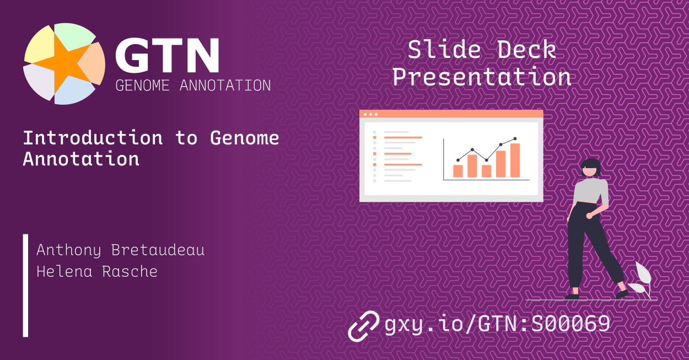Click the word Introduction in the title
point(93,138)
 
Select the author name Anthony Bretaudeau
point(120,250)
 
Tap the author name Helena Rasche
point(96,271)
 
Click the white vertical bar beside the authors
point(25,285)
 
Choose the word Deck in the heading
point(526,50)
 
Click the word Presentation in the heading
point(481,77)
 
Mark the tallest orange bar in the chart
point(515,160)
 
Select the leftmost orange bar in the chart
point(457,171)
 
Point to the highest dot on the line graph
point(515,139)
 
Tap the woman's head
point(591,167)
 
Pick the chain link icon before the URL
point(364,325)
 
